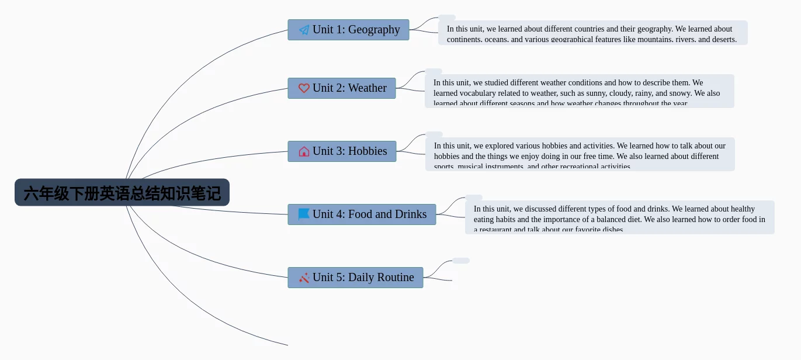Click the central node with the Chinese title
pyautogui.click(x=122, y=193)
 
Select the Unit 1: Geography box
pyautogui.click(x=348, y=30)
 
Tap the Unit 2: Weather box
pyautogui.click(x=341, y=88)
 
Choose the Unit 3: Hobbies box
pyautogui.click(x=342, y=151)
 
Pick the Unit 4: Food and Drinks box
pyautogui.click(x=362, y=214)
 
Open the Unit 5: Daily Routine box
pyautogui.click(x=355, y=278)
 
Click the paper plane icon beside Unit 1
pyautogui.click(x=304, y=30)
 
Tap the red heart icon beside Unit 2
pyautogui.click(x=304, y=88)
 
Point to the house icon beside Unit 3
pyautogui.click(x=304, y=151)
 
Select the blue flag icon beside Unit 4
pyautogui.click(x=304, y=214)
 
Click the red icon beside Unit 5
pyautogui.click(x=304, y=278)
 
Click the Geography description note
pyautogui.click(x=592, y=33)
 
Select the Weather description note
pyautogui.click(x=579, y=92)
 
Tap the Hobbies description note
pyautogui.click(x=580, y=155)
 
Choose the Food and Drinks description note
pyautogui.click(x=619, y=218)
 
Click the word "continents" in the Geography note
pyautogui.click(x=464, y=40)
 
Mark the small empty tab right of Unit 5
pyautogui.click(x=460, y=261)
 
